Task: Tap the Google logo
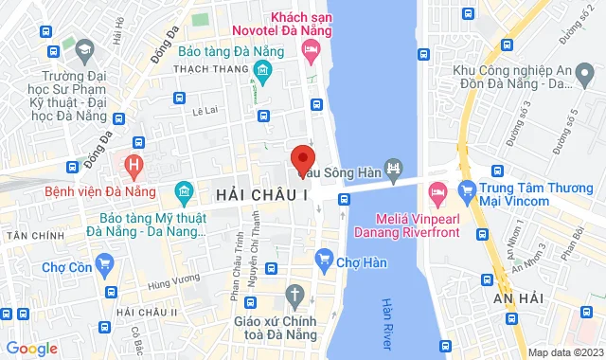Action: pyautogui.click(x=32, y=349)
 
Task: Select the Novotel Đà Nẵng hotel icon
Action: pyautogui.click(x=310, y=52)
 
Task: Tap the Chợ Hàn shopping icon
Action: pyautogui.click(x=325, y=258)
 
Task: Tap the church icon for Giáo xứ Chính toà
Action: pyautogui.click(x=294, y=294)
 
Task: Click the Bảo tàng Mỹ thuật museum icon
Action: pyautogui.click(x=184, y=195)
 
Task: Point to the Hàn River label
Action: pyautogui.click(x=386, y=322)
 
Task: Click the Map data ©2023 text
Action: pyautogui.click(x=564, y=352)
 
